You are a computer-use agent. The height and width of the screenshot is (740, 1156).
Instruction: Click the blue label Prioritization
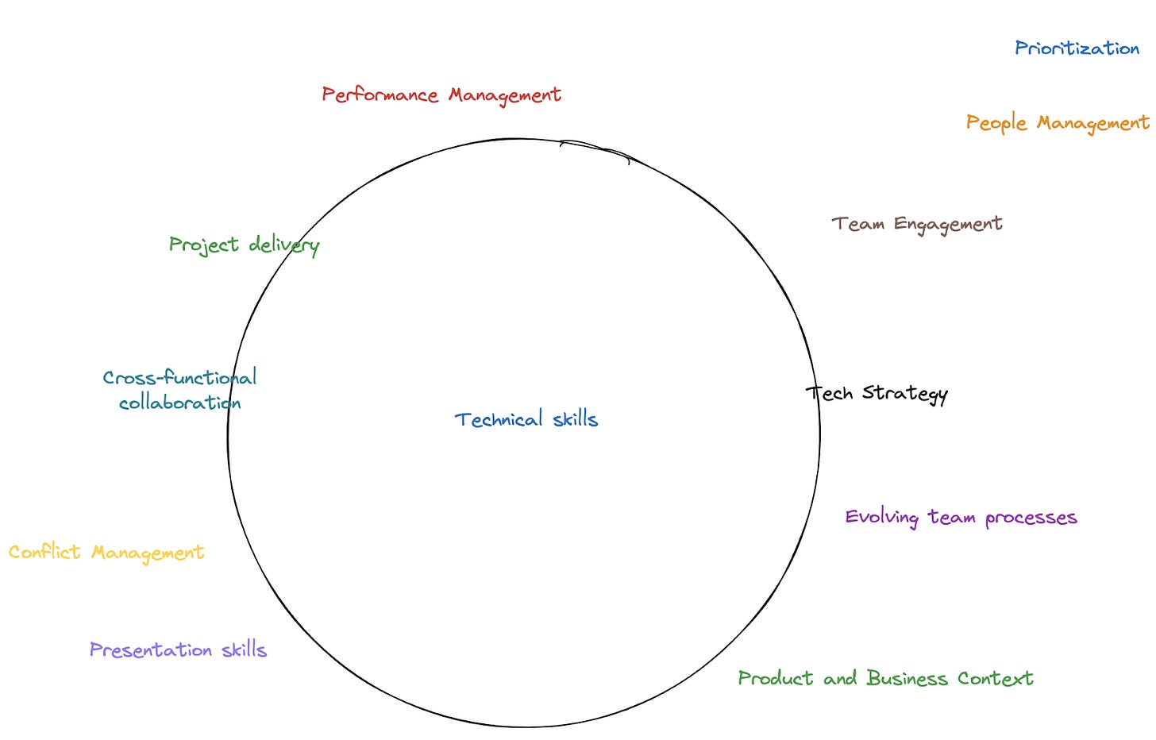1077,48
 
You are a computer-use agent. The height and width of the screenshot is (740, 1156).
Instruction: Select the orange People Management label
1057,123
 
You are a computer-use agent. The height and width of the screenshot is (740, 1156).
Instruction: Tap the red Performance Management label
441,95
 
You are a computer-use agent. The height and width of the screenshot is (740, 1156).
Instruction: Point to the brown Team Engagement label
916,224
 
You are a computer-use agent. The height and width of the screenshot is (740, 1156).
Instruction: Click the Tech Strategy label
877,393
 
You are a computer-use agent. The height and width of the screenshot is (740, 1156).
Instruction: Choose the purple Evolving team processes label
961,518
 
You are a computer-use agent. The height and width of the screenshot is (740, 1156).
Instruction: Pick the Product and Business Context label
885,678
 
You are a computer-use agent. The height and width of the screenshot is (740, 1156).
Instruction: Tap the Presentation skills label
178,649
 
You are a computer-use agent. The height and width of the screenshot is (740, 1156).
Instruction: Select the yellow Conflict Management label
106,552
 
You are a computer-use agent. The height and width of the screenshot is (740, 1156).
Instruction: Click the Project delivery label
244,245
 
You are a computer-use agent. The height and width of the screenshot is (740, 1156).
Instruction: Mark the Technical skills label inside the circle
526,419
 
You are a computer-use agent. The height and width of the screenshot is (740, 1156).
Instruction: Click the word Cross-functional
179,377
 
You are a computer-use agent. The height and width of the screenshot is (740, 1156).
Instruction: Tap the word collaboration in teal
179,403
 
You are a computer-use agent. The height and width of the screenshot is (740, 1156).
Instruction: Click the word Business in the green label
907,678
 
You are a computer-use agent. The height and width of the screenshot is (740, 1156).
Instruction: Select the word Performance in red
380,95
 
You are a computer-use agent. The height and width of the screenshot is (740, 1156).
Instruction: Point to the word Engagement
948,225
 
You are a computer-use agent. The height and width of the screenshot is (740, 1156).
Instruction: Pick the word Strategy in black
905,394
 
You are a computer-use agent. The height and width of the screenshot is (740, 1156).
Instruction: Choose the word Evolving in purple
881,518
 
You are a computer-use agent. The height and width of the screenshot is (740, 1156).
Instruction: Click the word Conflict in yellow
44,552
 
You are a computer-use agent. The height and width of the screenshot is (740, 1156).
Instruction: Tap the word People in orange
996,123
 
